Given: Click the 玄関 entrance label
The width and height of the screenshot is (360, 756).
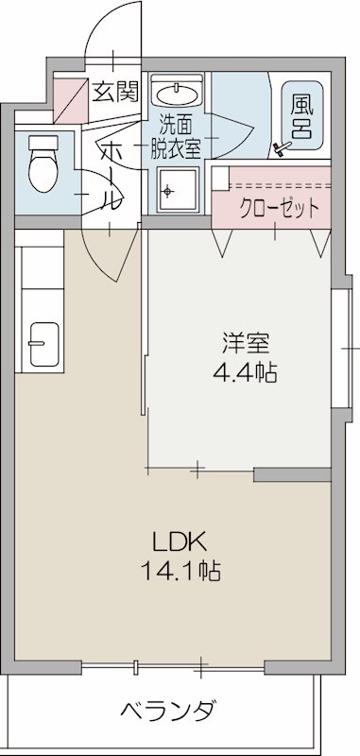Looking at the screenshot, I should [x=115, y=92].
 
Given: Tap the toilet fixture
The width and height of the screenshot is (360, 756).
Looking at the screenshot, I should [x=43, y=163].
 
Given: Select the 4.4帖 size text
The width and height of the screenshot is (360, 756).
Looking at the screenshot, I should [x=243, y=372].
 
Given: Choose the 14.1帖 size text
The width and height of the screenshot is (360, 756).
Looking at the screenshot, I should [x=180, y=571].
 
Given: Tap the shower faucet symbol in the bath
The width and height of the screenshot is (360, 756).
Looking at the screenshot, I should [x=281, y=146].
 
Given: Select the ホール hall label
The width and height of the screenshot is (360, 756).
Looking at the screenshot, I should [x=111, y=175].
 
